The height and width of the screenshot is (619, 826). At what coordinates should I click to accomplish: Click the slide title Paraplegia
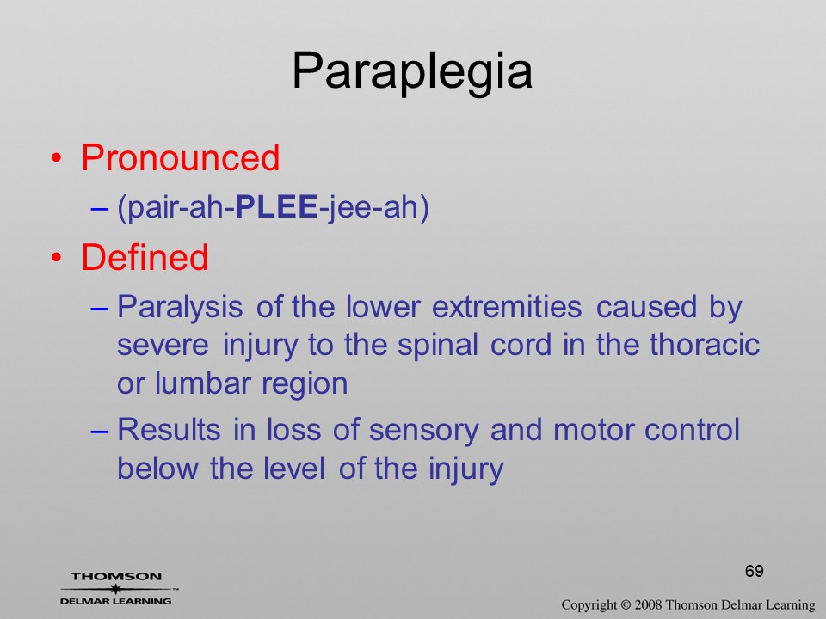(412, 72)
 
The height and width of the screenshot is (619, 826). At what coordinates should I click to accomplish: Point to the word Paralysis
(180, 307)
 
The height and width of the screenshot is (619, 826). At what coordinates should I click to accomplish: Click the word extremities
(507, 306)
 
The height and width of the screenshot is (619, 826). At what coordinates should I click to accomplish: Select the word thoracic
(705, 344)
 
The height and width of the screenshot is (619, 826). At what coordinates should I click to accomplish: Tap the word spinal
(437, 346)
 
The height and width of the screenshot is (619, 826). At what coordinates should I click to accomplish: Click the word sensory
(423, 430)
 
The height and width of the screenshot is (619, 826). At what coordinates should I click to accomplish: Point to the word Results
(169, 429)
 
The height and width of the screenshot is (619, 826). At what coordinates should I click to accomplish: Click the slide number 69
(754, 571)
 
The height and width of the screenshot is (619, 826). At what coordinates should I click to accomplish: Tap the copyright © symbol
(626, 604)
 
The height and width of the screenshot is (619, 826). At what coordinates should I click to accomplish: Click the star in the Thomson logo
(114, 588)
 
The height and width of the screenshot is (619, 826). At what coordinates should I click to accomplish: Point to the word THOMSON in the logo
(116, 576)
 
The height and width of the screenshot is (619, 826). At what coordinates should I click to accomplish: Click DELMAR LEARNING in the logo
(116, 601)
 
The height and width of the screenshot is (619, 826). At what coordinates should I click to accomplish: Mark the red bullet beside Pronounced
(57, 158)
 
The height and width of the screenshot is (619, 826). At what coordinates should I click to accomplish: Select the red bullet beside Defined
(57, 257)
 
